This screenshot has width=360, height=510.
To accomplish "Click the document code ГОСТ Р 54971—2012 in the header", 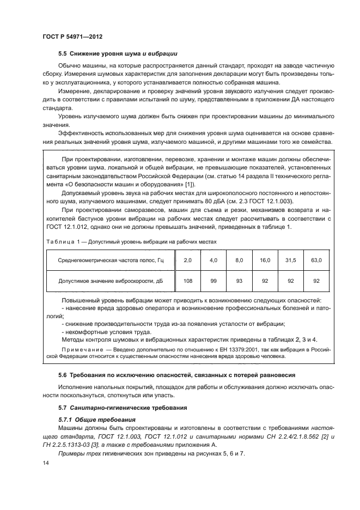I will [x=72, y=37].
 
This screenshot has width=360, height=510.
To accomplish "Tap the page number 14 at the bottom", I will [x=45, y=463].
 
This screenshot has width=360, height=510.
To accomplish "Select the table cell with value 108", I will [x=188, y=281].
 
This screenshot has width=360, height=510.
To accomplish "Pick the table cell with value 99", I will [x=213, y=281].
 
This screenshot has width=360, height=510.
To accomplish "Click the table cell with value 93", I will [x=239, y=281].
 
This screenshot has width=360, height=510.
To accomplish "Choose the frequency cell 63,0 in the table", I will [x=316, y=260].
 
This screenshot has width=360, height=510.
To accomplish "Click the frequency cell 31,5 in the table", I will [x=291, y=260].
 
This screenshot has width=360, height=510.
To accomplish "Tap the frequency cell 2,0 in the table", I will [x=188, y=260].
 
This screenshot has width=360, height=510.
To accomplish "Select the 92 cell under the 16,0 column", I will [x=265, y=281].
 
